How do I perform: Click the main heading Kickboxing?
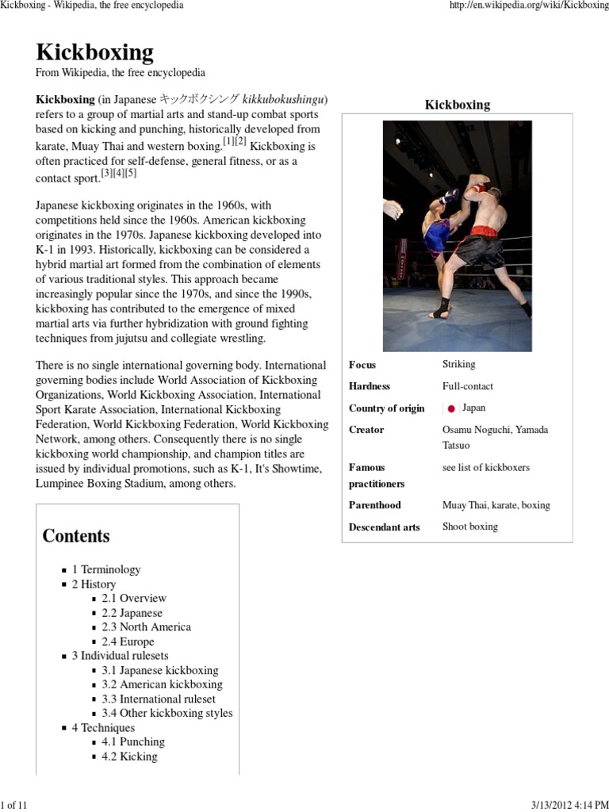(94, 52)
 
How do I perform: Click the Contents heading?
(76, 536)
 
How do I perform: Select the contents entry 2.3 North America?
(146, 627)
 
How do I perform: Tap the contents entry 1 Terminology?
(105, 569)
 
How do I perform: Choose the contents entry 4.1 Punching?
(132, 742)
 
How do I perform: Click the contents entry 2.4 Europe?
(128, 642)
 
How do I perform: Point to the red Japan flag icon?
(450, 409)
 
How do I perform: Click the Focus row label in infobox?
(362, 365)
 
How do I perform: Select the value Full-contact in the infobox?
(467, 386)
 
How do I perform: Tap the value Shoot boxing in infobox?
(469, 527)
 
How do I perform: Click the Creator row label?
(366, 430)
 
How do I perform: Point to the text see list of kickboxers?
(485, 467)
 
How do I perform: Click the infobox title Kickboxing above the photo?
(457, 105)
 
